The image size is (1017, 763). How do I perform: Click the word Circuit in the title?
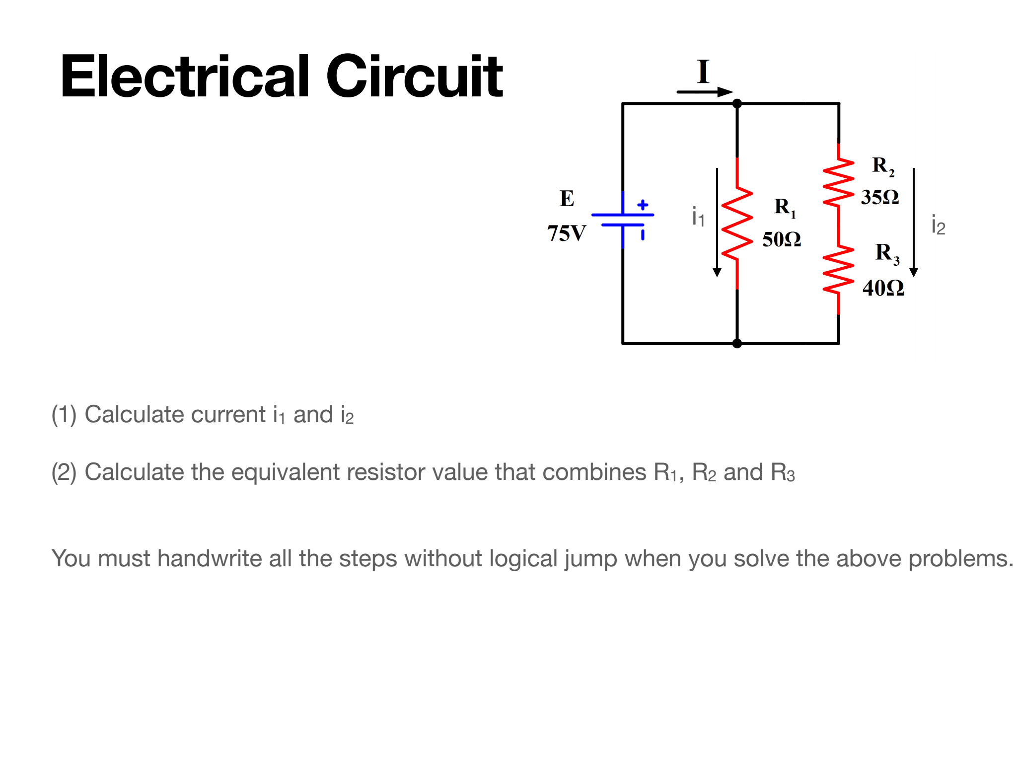coord(414,77)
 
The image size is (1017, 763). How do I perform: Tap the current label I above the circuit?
coord(703,72)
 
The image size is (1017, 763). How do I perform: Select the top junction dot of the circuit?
coord(737,103)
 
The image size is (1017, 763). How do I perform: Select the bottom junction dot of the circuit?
coord(737,343)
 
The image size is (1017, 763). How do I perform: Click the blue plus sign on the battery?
coord(643,205)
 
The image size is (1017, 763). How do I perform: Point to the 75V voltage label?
coord(567,233)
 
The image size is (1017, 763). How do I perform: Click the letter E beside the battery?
coord(567,199)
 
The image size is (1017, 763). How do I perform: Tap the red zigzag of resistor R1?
coord(737,224)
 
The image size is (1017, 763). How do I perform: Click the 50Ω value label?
coord(782,239)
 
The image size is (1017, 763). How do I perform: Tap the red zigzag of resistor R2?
coord(838,183)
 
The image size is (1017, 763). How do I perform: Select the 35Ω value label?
coord(880,197)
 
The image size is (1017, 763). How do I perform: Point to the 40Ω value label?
coord(883,288)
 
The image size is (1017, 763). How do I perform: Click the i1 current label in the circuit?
coord(698,217)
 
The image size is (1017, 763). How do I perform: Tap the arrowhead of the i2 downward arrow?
coord(913,272)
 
